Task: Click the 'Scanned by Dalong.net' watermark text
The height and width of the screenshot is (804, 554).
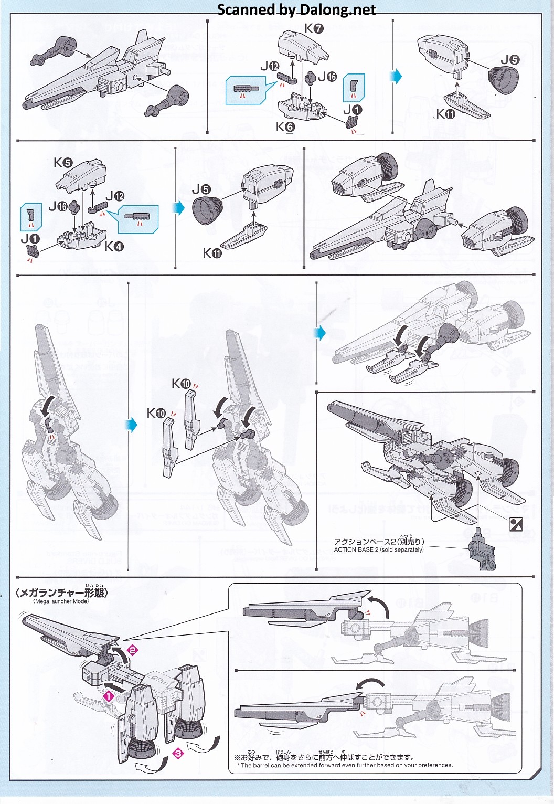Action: pos(296,9)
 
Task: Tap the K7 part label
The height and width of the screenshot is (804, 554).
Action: pos(314,28)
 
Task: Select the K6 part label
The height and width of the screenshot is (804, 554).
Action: pos(285,127)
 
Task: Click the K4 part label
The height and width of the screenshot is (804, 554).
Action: pos(114,246)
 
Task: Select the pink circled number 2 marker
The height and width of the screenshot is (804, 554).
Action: pos(133,650)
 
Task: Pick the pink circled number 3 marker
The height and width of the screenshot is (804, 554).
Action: pos(178,754)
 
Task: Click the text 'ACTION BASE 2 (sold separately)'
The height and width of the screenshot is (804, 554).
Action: pos(379,550)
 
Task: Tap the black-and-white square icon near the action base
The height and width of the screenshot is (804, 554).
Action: pos(516,523)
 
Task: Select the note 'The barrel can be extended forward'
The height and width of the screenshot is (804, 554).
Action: pos(346,765)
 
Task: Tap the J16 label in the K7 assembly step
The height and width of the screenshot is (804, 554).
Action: pos(327,77)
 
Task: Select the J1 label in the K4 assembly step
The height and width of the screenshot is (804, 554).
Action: pos(30,239)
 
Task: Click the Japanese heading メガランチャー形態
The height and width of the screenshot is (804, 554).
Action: pos(62,593)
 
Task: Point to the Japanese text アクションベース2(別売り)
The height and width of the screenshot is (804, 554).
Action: pos(379,542)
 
